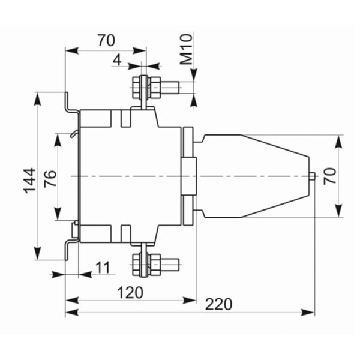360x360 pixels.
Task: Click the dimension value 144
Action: tap(30, 181)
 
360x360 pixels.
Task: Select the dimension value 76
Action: tap(50, 179)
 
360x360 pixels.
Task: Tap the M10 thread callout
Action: tap(186, 49)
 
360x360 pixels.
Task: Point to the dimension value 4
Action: tap(117, 61)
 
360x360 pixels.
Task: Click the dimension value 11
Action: tap(103, 268)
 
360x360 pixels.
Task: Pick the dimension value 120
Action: tap(130, 293)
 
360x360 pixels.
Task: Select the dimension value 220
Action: tap(218, 304)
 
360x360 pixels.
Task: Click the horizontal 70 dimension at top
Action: tap(106, 40)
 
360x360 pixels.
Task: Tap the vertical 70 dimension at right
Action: tap(329, 176)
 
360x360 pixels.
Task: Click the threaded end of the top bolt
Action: tap(169, 88)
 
